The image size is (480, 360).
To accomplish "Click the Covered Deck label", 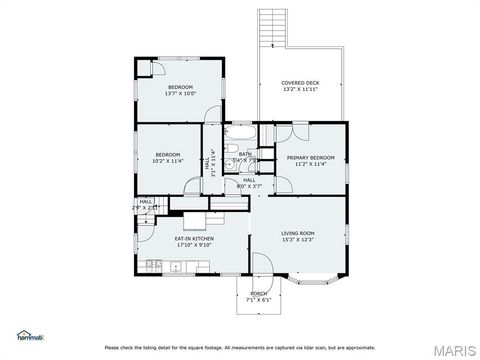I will point(299,83).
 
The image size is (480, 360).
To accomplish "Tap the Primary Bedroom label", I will point(310,158).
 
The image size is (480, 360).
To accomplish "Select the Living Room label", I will point(299,233).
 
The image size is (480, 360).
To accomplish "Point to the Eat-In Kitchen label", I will point(194,238).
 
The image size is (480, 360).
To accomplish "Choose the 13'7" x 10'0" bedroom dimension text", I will point(180,94).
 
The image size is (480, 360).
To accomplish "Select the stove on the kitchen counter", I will point(154,264).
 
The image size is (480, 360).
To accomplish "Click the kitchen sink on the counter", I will point(177,265).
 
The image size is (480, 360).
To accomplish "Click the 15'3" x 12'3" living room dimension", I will point(299,240).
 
